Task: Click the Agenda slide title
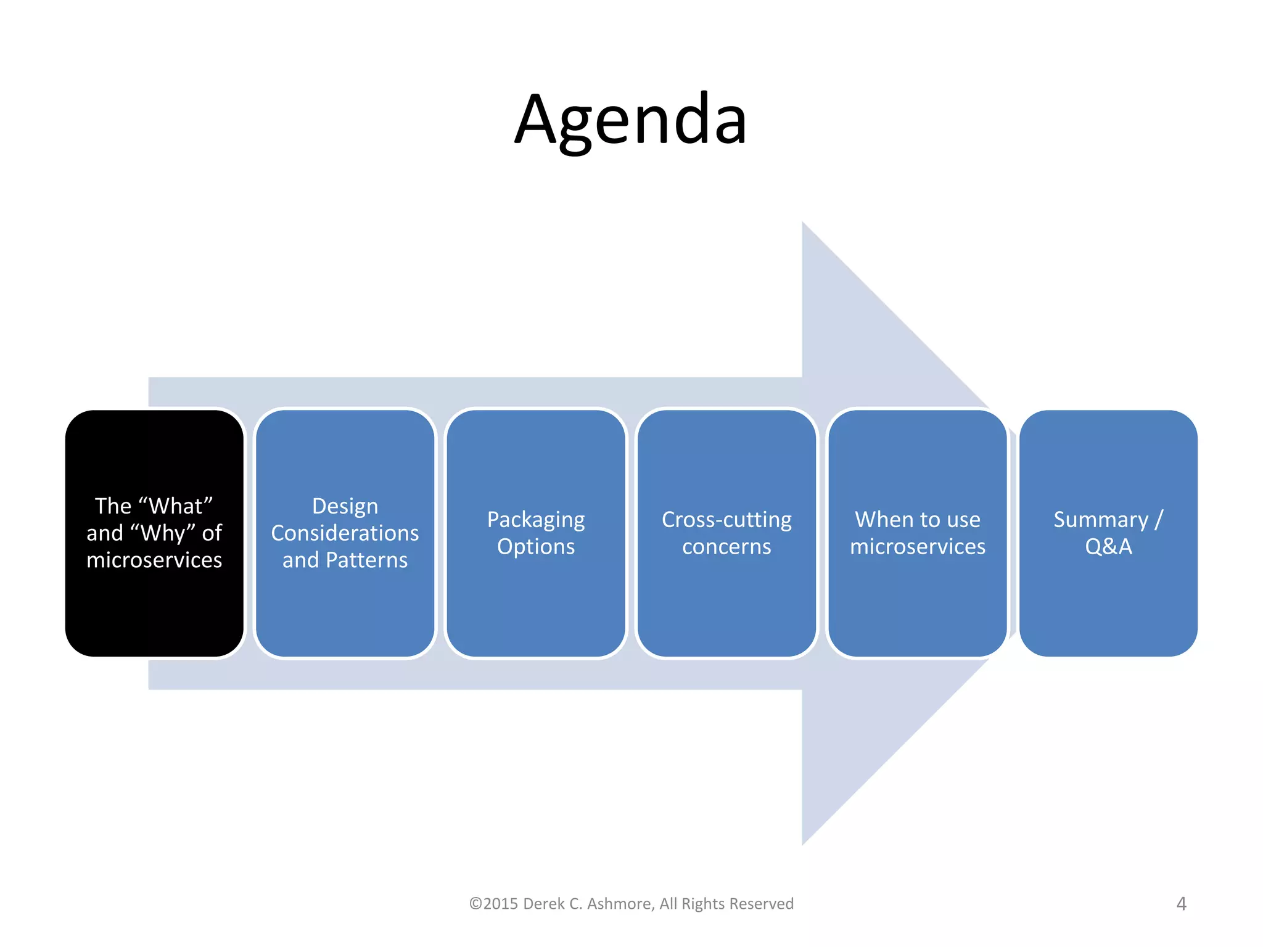(631, 120)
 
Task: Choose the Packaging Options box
(535, 604)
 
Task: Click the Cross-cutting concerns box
(726, 604)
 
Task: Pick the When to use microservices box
(917, 604)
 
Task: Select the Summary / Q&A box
(1108, 604)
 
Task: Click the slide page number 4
(1181, 904)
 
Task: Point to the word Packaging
(535, 520)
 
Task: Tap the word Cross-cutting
(726, 520)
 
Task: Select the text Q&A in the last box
(1108, 547)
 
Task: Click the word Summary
(1100, 520)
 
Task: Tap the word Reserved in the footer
(763, 904)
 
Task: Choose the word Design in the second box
(345, 506)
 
